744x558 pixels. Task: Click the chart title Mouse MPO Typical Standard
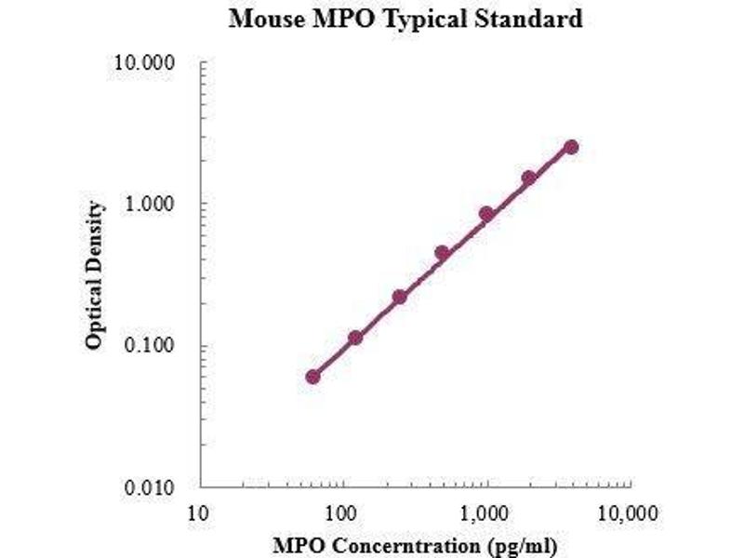coord(405,19)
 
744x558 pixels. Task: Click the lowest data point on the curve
coord(312,377)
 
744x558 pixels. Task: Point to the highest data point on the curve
coord(571,147)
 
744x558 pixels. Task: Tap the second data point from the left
coord(355,338)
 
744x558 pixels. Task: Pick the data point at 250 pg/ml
coord(399,297)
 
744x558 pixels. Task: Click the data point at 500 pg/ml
coord(442,253)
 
